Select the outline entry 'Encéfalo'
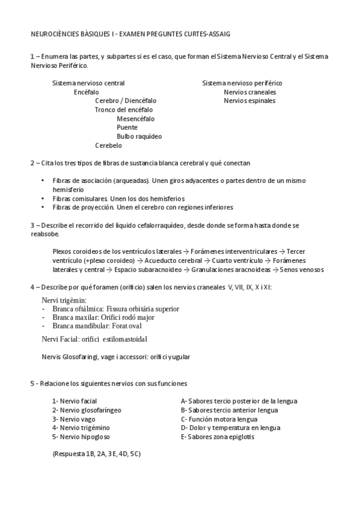[87, 92]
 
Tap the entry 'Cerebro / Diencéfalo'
[126, 101]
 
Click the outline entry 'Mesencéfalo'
[135, 119]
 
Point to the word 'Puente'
[127, 127]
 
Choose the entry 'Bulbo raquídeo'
[139, 137]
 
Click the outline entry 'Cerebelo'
[108, 146]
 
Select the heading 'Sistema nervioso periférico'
[242, 83]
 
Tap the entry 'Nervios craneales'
[249, 92]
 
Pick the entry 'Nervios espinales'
[249, 101]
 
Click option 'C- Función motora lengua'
[219, 419]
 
